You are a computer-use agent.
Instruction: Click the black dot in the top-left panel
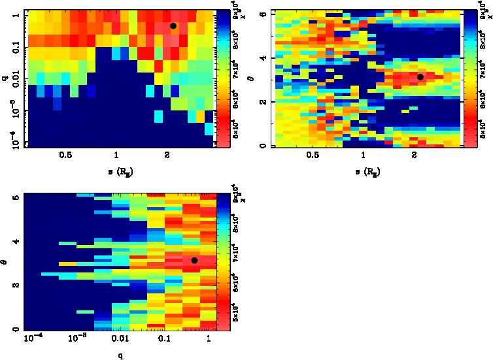point(173,25)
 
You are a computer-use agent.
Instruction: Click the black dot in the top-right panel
point(420,77)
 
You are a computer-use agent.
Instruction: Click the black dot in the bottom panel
point(194,261)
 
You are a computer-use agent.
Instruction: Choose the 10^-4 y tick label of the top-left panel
point(14,142)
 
